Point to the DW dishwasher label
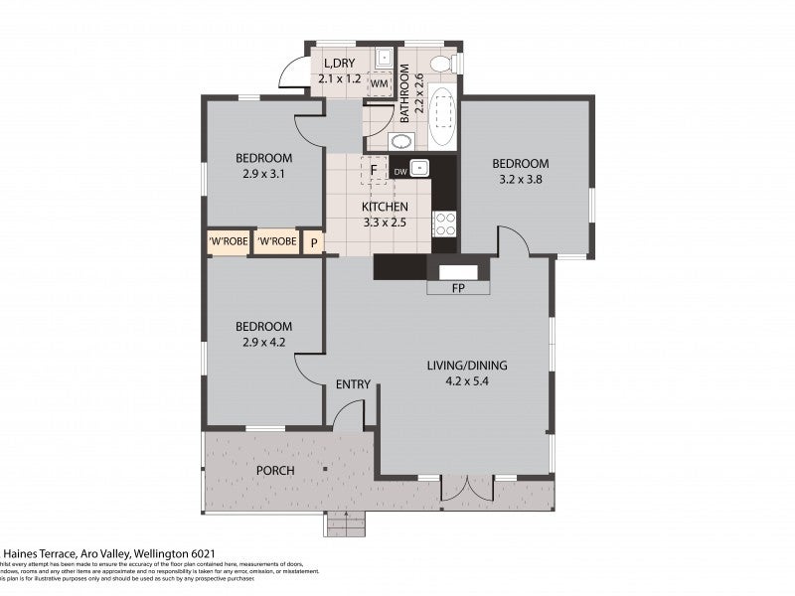pyautogui.click(x=400, y=171)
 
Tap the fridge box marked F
pyautogui.click(x=374, y=170)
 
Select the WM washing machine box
pyautogui.click(x=379, y=84)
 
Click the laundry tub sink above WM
pyautogui.click(x=382, y=58)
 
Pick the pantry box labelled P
pyautogui.click(x=314, y=241)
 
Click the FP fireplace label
pyautogui.click(x=458, y=289)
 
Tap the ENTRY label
pyautogui.click(x=353, y=384)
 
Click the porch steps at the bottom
pyautogui.click(x=347, y=522)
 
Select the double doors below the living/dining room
pyautogui.click(x=467, y=488)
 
